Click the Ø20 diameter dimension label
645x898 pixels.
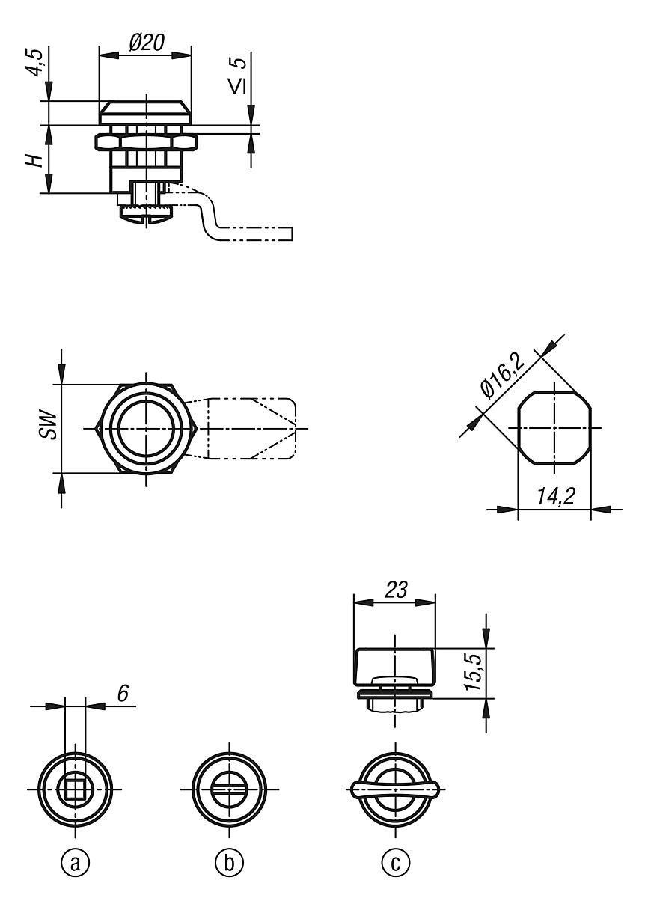[147, 43]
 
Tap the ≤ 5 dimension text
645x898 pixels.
[237, 76]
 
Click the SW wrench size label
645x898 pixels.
[49, 424]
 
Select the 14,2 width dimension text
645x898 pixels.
[555, 496]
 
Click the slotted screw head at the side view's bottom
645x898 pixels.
[146, 219]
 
